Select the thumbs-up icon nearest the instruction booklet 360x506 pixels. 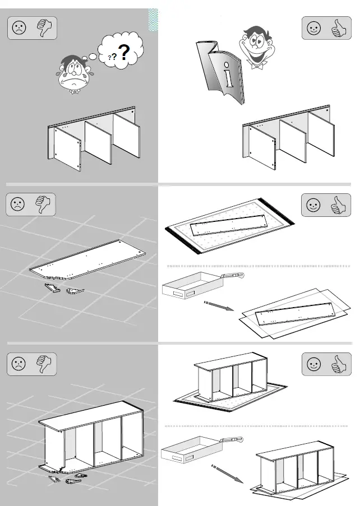(338, 29)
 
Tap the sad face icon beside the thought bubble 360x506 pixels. (19, 28)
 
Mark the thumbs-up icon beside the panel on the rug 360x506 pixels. (338, 205)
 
